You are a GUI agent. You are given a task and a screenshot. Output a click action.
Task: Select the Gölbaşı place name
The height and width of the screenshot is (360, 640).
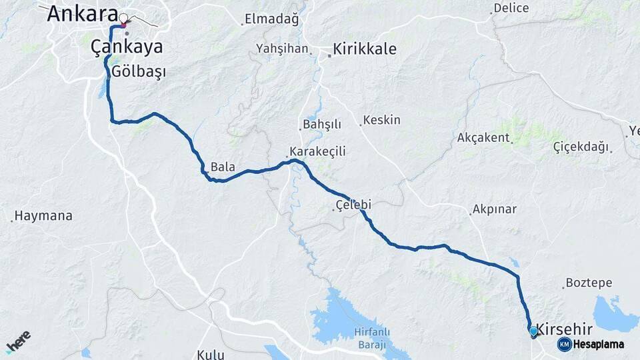[139, 71]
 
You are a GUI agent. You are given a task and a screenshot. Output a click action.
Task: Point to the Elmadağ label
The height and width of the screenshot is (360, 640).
[271, 19]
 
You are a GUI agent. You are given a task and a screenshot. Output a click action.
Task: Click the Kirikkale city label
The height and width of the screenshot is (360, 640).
[364, 49]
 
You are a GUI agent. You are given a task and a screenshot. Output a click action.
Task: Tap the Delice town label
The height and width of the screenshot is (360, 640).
[511, 9]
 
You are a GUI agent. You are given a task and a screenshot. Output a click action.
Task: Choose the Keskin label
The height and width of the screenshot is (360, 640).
[383, 120]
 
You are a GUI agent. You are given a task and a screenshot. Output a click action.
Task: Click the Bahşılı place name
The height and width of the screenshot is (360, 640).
[322, 125]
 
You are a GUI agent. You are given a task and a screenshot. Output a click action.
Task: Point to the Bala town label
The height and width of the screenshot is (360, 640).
[223, 167]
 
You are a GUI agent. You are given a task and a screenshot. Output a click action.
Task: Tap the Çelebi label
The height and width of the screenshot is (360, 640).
[353, 205]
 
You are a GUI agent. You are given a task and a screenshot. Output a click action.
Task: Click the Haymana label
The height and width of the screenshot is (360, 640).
[43, 216]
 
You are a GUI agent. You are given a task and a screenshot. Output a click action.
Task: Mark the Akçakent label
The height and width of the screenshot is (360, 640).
[483, 138]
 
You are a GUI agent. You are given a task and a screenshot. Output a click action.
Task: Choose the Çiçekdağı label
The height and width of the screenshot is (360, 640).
[581, 147]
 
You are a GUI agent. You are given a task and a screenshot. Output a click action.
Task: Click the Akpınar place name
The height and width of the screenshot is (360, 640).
[494, 209]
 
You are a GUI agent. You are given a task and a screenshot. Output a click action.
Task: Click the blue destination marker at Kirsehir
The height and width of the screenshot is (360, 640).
[533, 331]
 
